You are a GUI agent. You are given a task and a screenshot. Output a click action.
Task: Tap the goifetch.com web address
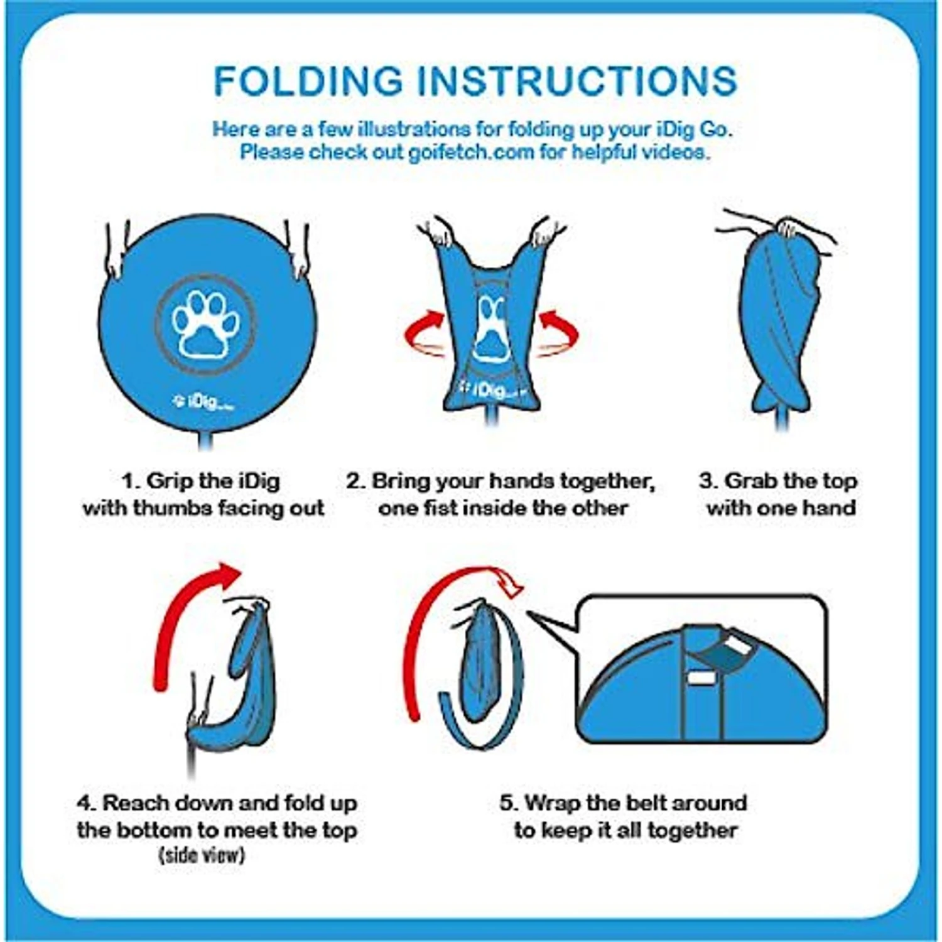coord(471,152)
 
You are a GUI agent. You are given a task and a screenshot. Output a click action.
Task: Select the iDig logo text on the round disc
coord(202,402)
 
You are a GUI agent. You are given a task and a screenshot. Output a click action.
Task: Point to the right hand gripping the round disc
coord(298,251)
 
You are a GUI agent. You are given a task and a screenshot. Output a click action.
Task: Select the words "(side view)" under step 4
coord(202,855)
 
